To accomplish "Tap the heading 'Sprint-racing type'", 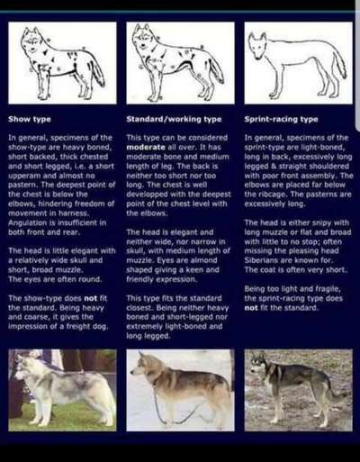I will tap(282, 118).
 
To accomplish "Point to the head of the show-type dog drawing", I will tap(33, 41).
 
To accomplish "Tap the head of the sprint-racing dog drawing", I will tap(259, 42).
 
